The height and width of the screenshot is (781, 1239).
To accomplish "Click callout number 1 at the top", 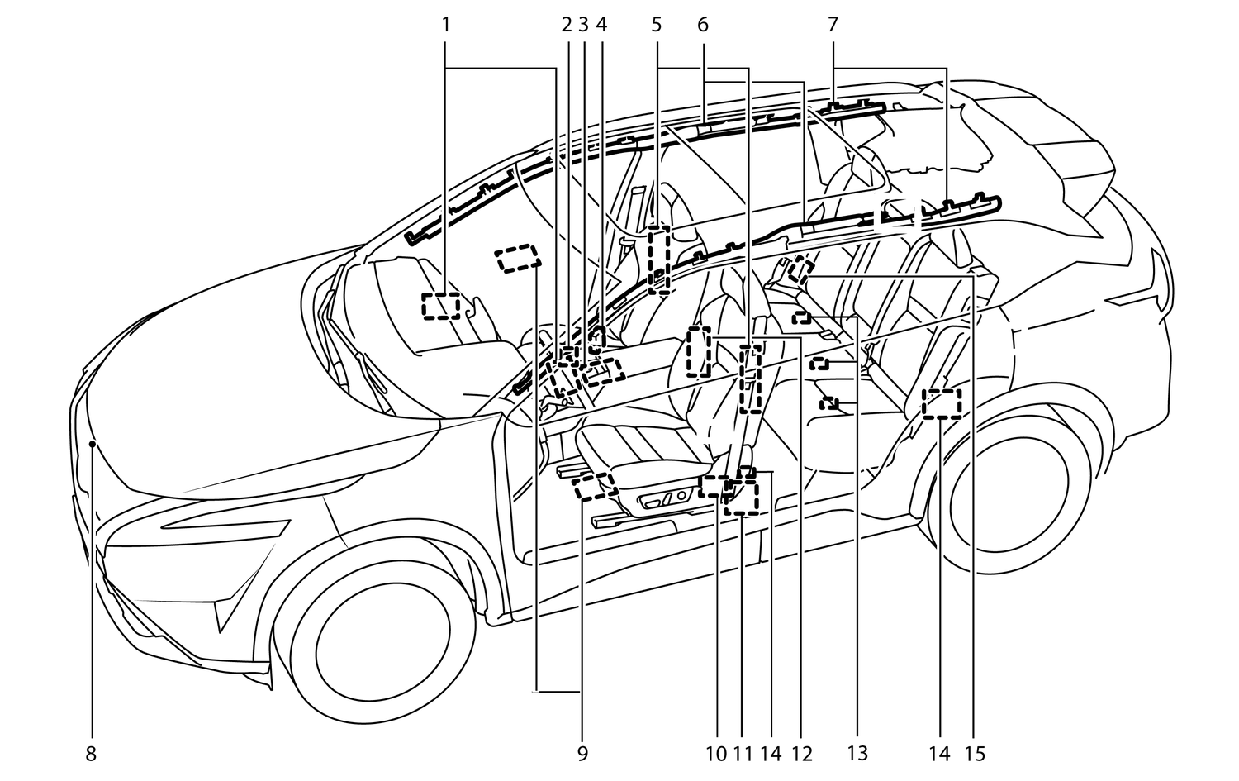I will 446,25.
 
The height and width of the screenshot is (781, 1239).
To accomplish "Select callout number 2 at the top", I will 567,25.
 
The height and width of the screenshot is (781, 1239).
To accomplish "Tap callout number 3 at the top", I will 583,25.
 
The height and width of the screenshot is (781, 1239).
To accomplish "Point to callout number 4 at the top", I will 601,25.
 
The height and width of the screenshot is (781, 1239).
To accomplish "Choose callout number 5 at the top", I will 657,25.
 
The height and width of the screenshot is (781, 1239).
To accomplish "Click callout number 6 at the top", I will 703,25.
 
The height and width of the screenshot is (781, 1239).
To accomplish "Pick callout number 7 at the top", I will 833,25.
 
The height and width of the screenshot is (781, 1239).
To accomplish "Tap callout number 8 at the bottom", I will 91,754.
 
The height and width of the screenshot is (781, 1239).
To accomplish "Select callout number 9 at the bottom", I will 582,754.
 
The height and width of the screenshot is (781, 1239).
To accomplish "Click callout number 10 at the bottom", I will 716,754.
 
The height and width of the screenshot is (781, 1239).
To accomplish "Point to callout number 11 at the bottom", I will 742,754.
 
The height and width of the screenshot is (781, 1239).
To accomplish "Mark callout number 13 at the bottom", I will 857,754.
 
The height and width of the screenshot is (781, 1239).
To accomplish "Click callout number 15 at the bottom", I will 976,754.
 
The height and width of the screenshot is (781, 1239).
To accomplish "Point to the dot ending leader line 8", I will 93,444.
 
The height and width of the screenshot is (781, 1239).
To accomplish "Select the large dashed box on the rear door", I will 942,404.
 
